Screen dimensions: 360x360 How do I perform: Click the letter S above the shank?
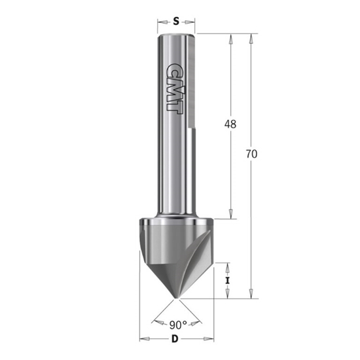(177, 21)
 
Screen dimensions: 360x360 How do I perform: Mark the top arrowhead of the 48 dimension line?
(230, 38)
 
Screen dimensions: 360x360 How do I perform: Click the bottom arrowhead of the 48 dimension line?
(230, 214)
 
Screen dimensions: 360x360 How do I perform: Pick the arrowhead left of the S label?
(161, 21)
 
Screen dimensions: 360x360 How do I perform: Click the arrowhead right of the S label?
(192, 21)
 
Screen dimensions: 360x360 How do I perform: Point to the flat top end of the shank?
(177, 34)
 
